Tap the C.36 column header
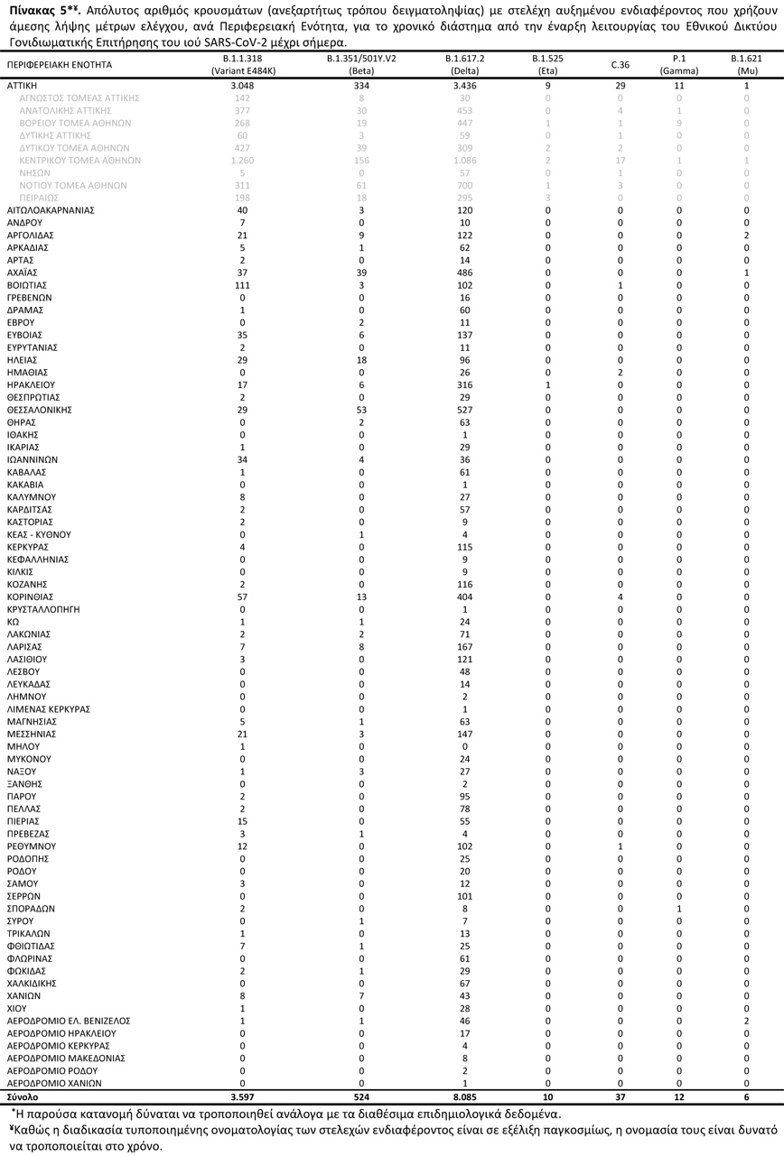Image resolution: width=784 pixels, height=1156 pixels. click(x=620, y=65)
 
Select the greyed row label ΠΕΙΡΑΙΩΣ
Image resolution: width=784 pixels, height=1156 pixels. click(x=39, y=198)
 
